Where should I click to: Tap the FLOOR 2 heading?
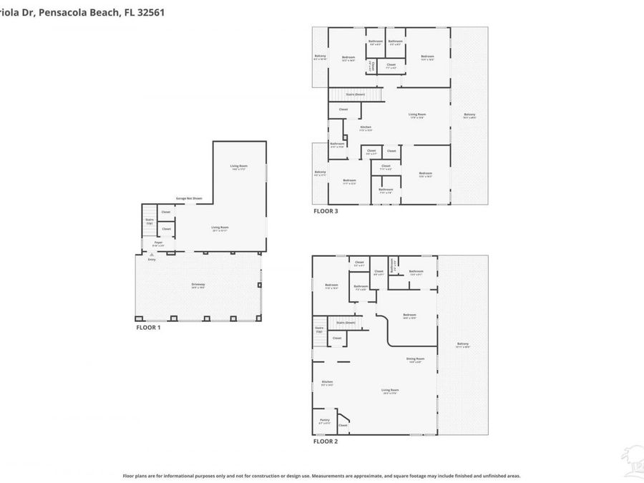coord(326,441)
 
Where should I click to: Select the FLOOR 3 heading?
coord(326,211)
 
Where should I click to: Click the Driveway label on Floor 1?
coord(198,285)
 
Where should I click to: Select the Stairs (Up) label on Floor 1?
coord(150,222)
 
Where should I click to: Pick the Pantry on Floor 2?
coord(324,421)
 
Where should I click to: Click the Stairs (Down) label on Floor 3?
coord(356,94)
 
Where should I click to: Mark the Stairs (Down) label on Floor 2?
coord(347,323)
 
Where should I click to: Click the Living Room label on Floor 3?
coord(417,115)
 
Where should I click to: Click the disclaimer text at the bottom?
coord(321,475)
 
